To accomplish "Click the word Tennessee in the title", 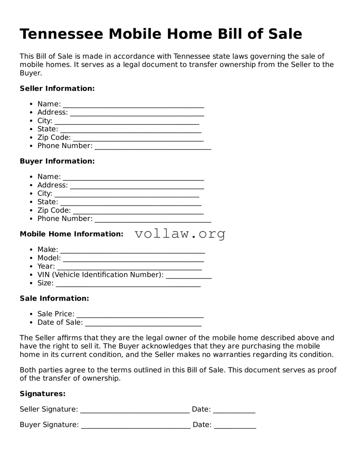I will pos(61,34).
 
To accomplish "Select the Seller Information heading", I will pos(57,89).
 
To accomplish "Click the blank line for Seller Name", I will pos(133,105).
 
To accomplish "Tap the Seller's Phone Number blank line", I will pos(153,146).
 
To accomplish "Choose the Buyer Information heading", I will pos(57,161).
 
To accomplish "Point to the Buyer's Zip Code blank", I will pos(138,211).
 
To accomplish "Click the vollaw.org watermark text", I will pos(180,234).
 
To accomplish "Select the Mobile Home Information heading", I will pos(71,234).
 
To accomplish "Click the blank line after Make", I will pos(132,250).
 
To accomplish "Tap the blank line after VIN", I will pos(189,275).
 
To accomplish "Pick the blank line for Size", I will pos(128,284).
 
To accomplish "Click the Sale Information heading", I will pos(54,298).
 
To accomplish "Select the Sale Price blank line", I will pos(140,314).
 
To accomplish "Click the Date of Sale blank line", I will pos(143,323).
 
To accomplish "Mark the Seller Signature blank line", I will pos(135,410).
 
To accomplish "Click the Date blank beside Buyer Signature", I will pos(235,425).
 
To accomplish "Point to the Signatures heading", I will pos(42,394).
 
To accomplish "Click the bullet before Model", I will pos(31,258).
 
